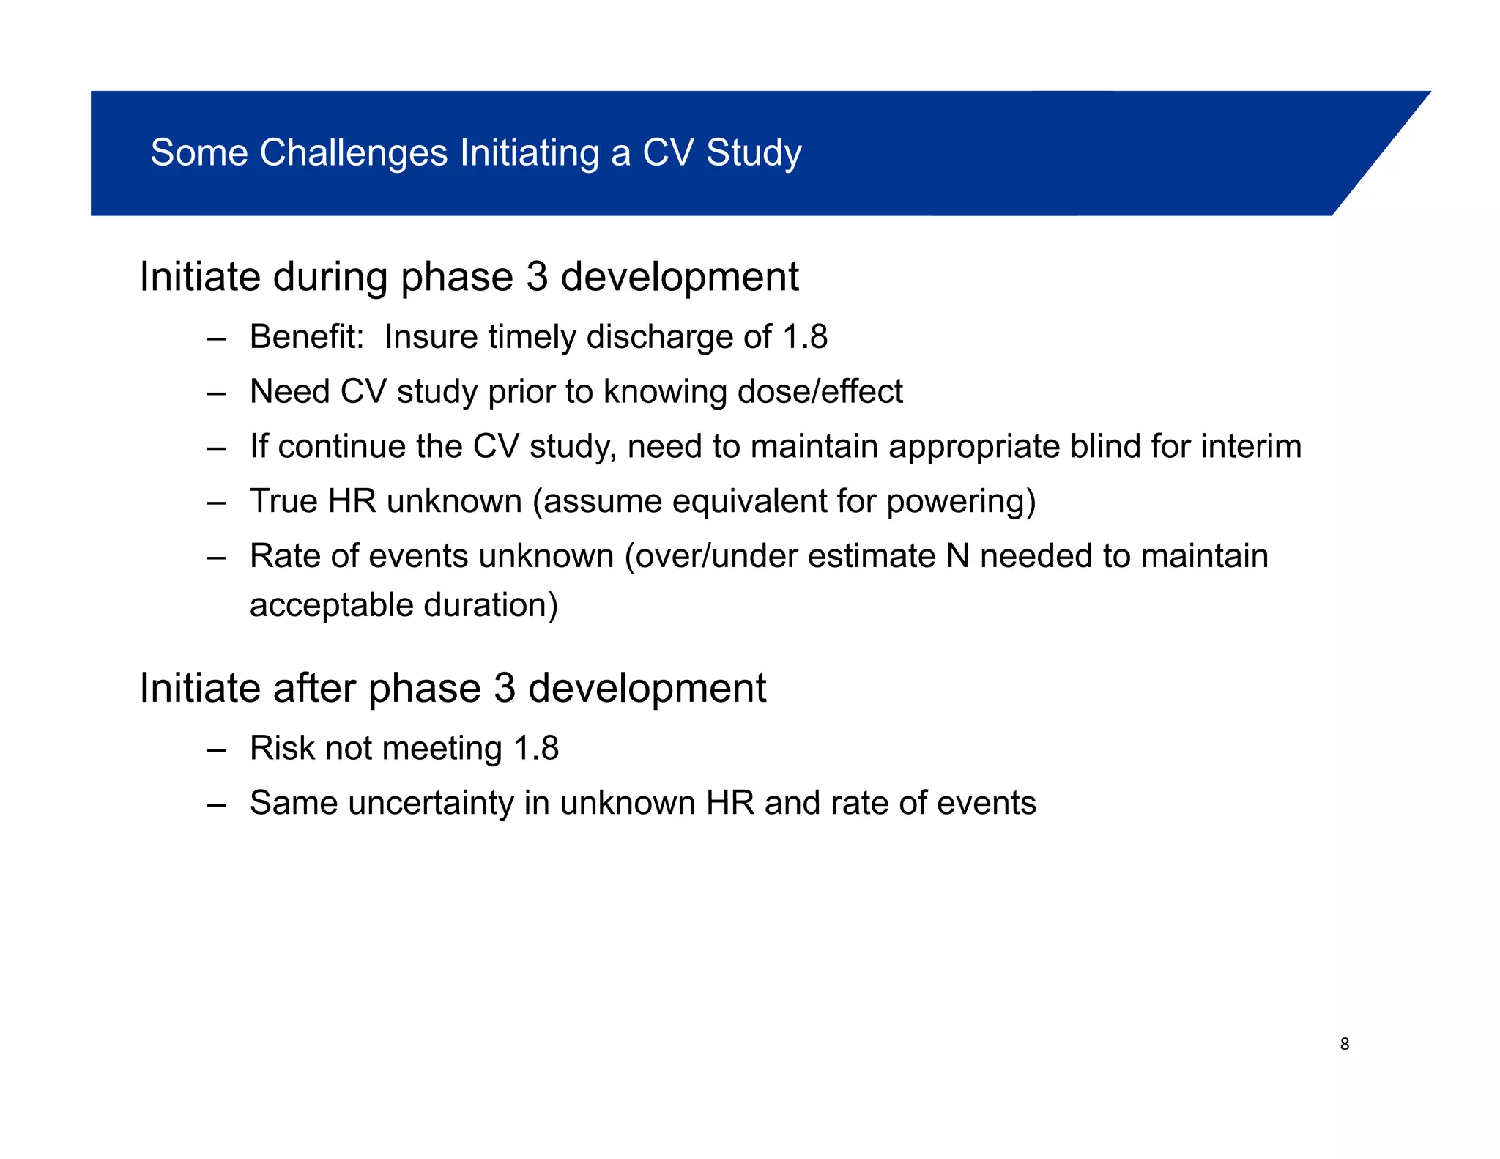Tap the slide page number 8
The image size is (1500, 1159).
1344,1044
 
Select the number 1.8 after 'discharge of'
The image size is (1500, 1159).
805,337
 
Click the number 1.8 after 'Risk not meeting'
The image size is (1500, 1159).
536,748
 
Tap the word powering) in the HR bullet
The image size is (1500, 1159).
961,502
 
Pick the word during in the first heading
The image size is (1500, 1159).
330,277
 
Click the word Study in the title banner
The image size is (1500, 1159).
754,153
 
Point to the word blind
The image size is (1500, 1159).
1104,446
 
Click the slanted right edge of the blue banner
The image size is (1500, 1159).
1381,153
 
